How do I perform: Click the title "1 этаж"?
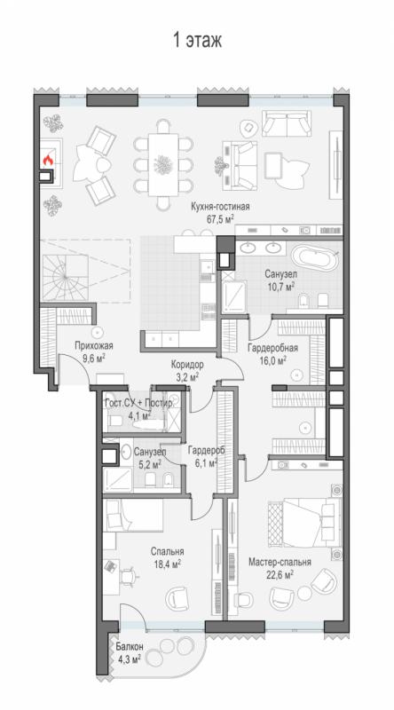tap(197, 40)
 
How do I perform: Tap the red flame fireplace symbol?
tap(48, 160)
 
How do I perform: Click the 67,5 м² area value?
tap(220, 219)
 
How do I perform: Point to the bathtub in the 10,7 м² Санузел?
tap(315, 257)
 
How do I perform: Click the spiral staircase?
tap(64, 278)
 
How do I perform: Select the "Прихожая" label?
tap(94, 346)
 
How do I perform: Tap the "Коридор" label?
tap(187, 364)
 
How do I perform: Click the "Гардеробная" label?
tap(272, 348)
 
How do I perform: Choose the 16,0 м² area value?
tap(273, 360)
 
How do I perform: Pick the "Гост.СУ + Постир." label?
tap(138, 404)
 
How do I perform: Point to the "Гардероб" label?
tap(207, 451)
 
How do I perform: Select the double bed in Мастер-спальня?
tap(303, 522)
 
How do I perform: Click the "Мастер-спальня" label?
tap(280, 562)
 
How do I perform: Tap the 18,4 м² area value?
tap(166, 564)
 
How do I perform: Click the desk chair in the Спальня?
tap(129, 575)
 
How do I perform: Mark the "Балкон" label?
tap(129, 647)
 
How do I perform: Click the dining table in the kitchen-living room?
tap(163, 163)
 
